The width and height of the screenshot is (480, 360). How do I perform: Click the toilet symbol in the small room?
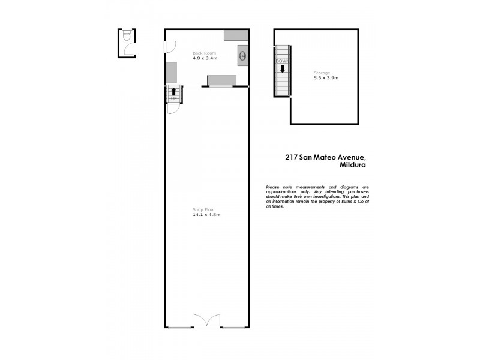point(126,37)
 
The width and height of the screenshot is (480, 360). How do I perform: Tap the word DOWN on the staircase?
point(282,61)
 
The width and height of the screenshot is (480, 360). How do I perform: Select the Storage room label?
point(322,73)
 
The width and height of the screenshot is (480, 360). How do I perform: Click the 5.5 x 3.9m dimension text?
point(326,78)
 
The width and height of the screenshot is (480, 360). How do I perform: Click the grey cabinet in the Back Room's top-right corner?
point(236,35)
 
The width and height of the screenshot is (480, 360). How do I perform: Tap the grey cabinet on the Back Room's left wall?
point(171,72)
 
